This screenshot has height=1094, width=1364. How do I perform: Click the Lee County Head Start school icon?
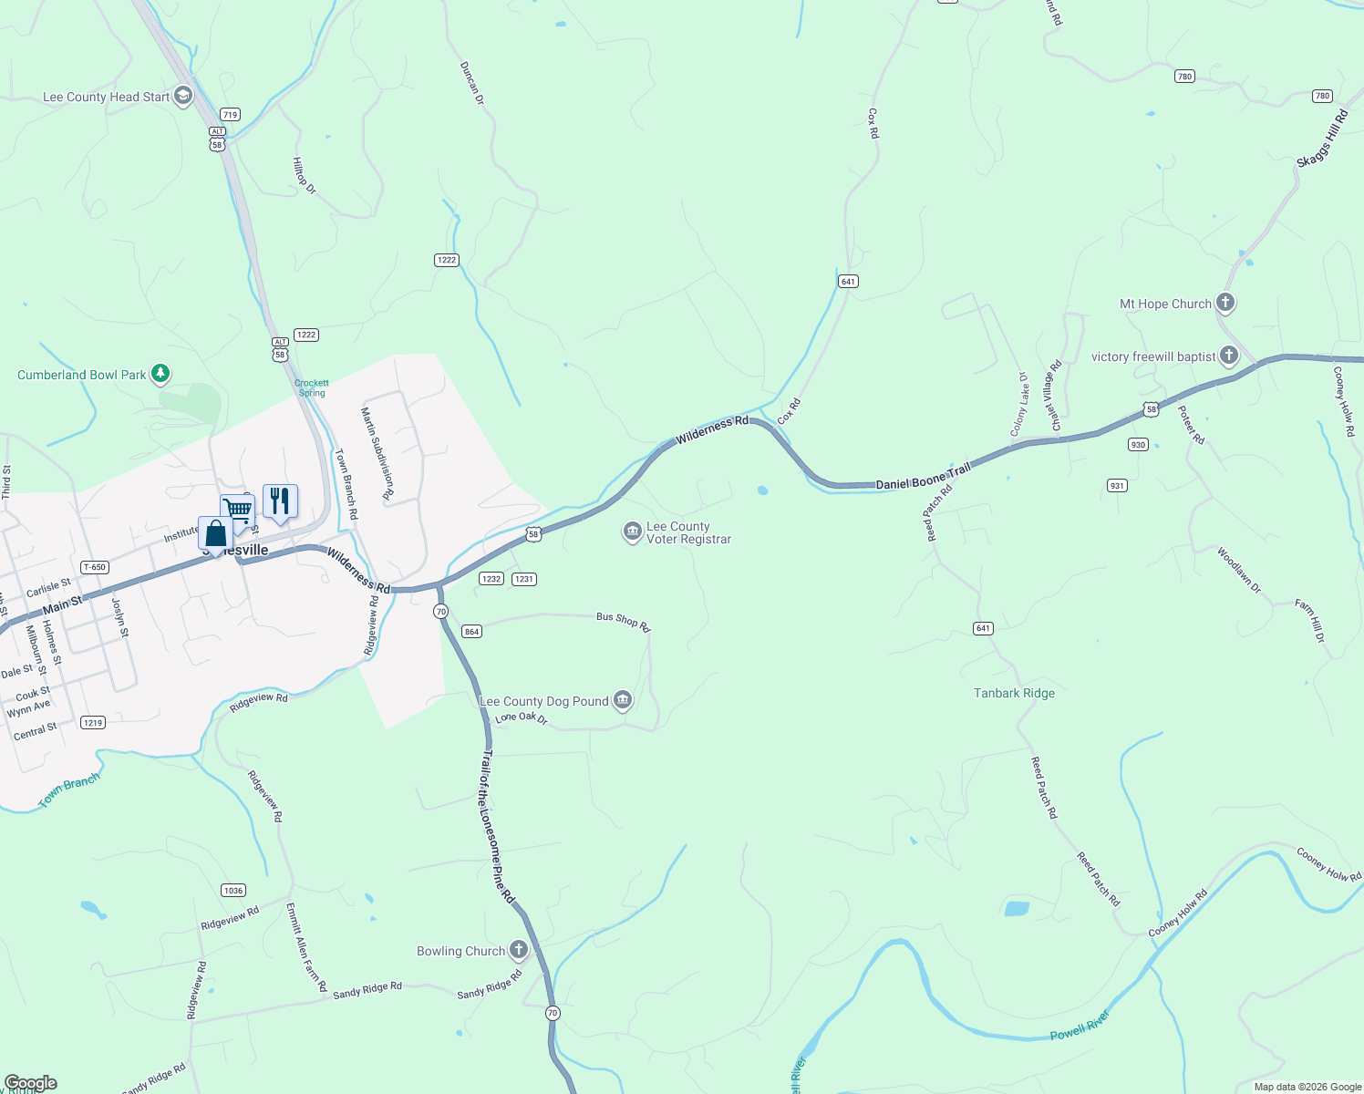(x=183, y=96)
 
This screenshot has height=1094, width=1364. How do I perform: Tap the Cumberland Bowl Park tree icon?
(x=160, y=374)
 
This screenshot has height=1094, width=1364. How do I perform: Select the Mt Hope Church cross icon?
(x=1225, y=303)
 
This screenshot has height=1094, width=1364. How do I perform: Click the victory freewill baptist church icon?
(x=1229, y=356)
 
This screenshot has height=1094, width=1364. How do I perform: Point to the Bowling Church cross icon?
(x=519, y=950)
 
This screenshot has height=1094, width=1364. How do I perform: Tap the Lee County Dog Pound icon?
(x=623, y=700)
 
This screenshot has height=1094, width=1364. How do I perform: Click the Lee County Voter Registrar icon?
(x=632, y=532)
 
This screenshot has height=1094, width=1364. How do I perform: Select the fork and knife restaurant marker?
(x=280, y=501)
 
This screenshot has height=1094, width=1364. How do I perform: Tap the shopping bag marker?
(x=215, y=532)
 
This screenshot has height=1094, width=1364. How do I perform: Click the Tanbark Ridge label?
(x=1014, y=693)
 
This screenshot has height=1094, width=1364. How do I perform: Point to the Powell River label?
(x=1080, y=1025)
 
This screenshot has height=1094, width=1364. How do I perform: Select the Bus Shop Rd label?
(x=623, y=621)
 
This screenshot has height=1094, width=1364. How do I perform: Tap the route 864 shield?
(x=471, y=631)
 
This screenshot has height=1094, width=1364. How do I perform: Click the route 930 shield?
(x=1138, y=445)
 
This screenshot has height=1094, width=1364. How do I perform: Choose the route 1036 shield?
(x=233, y=890)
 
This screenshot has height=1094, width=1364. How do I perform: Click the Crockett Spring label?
(x=312, y=388)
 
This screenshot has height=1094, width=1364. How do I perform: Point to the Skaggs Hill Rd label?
(x=1322, y=138)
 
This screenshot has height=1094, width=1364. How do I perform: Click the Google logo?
(x=31, y=1083)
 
